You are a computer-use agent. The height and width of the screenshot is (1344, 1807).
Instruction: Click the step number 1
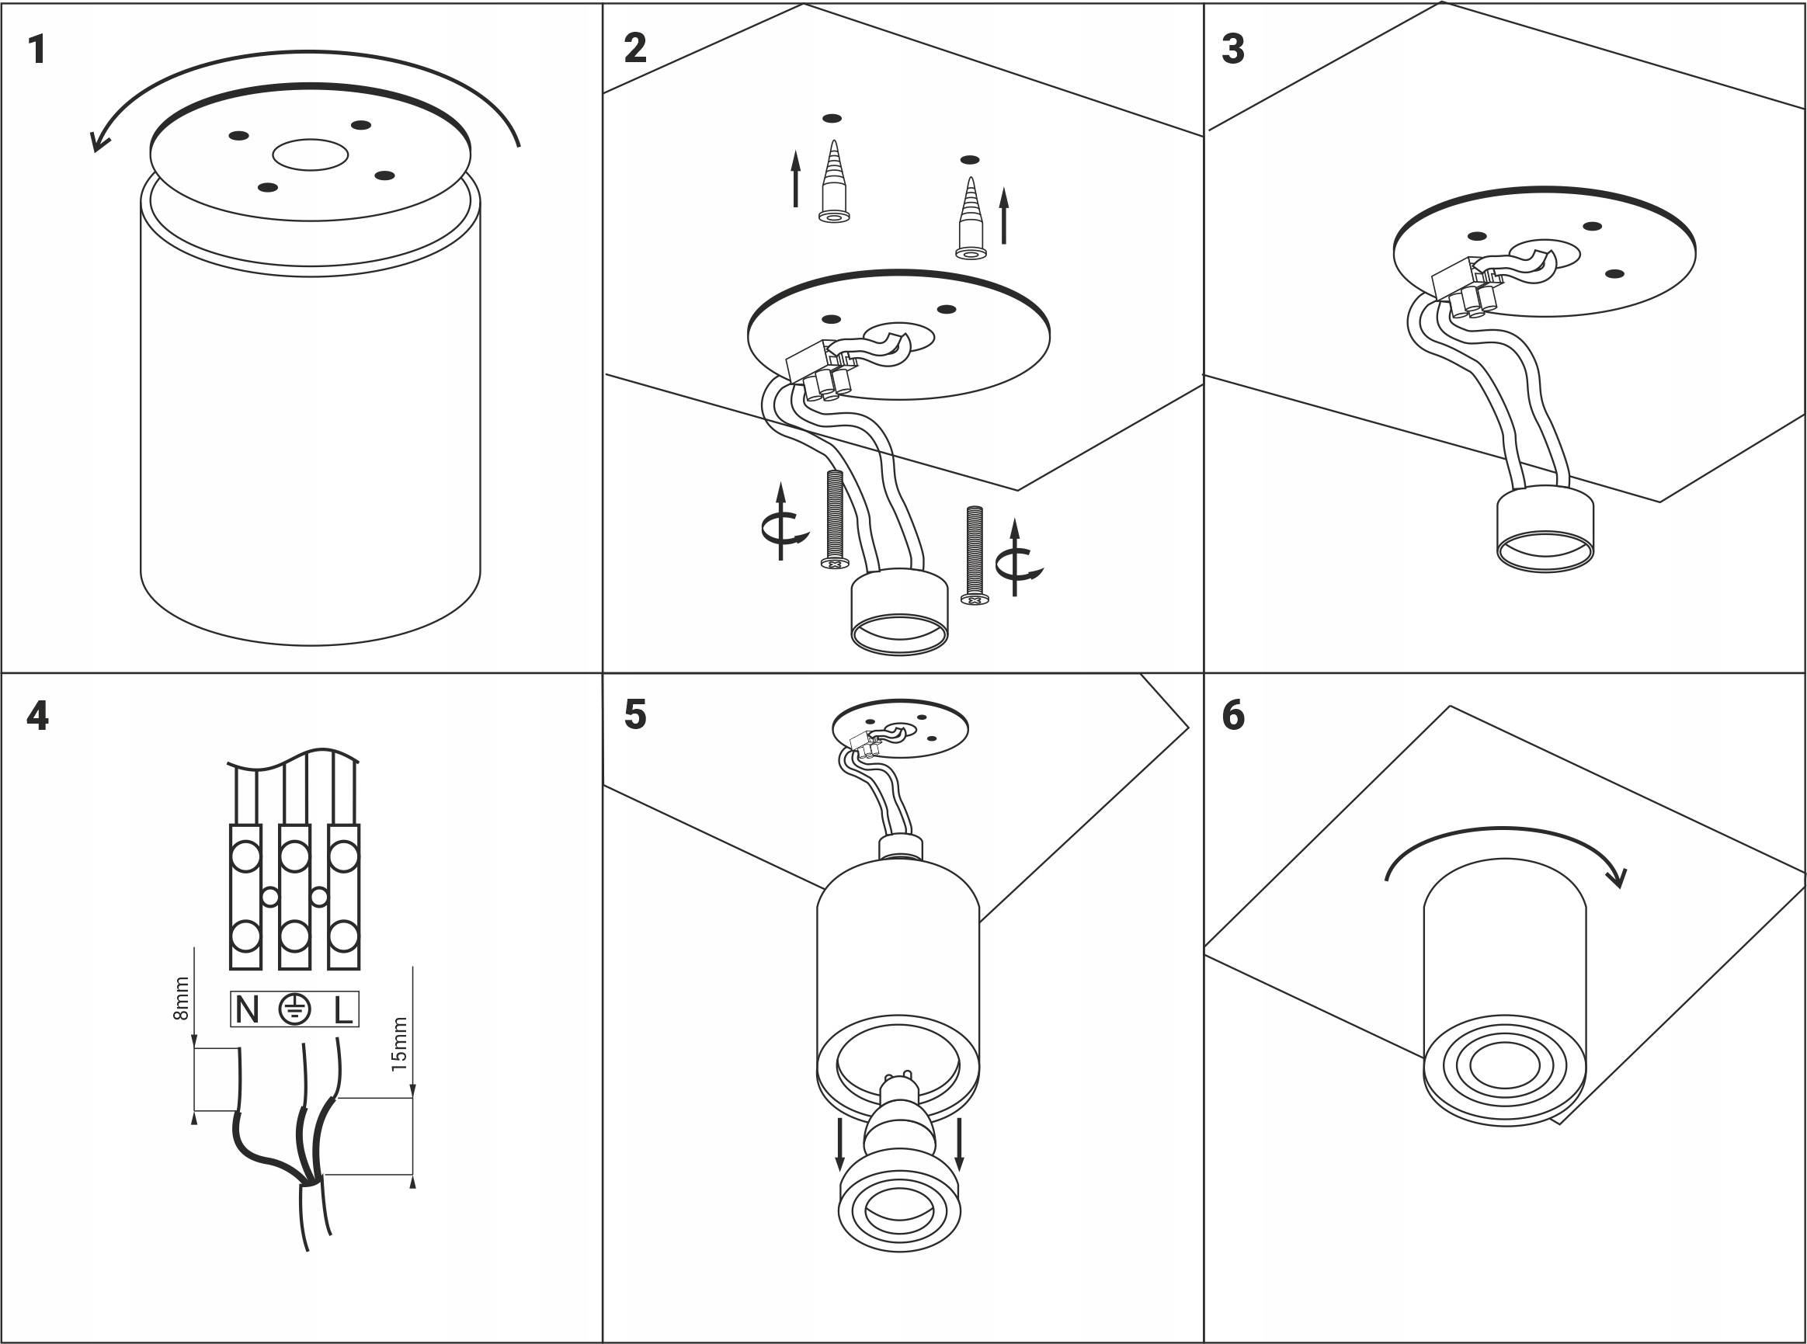36,50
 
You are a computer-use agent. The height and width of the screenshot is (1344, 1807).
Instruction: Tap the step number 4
37,716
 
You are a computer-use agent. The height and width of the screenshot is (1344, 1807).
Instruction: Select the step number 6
1232,716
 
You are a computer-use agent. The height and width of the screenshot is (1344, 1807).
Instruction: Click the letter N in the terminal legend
246,1010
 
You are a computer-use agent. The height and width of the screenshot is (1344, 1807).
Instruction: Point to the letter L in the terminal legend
343,1010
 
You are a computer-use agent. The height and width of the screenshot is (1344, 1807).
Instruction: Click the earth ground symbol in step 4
294,1009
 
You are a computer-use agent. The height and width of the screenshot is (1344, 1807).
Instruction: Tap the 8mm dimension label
182,998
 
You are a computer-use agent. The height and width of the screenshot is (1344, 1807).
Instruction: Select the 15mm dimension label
398,1044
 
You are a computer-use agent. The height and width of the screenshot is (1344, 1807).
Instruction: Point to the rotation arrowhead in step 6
1616,878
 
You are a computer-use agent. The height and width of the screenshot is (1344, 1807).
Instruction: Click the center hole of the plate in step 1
310,155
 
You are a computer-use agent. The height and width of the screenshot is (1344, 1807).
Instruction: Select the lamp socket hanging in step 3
1545,529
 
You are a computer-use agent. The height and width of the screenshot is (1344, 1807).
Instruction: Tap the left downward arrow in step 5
839,1144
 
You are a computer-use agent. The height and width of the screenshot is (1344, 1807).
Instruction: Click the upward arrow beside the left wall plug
796,179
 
